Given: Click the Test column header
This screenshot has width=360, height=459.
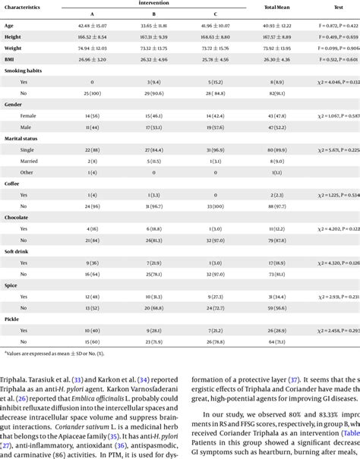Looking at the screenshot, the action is coord(335,8).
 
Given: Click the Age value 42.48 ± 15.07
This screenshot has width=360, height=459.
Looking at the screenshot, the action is coord(92,25).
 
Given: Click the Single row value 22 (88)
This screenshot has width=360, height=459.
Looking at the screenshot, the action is coord(92,150).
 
